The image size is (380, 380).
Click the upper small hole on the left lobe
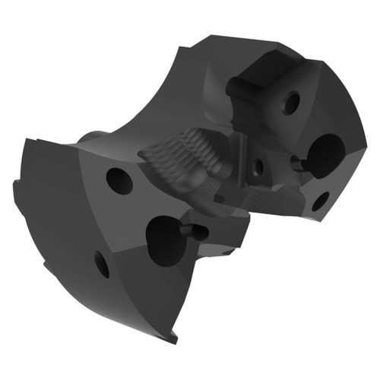119,180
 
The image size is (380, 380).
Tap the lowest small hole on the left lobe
102,264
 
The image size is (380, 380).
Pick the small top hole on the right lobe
291,102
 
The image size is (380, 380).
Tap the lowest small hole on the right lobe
320,201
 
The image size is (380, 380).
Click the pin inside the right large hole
299,162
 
